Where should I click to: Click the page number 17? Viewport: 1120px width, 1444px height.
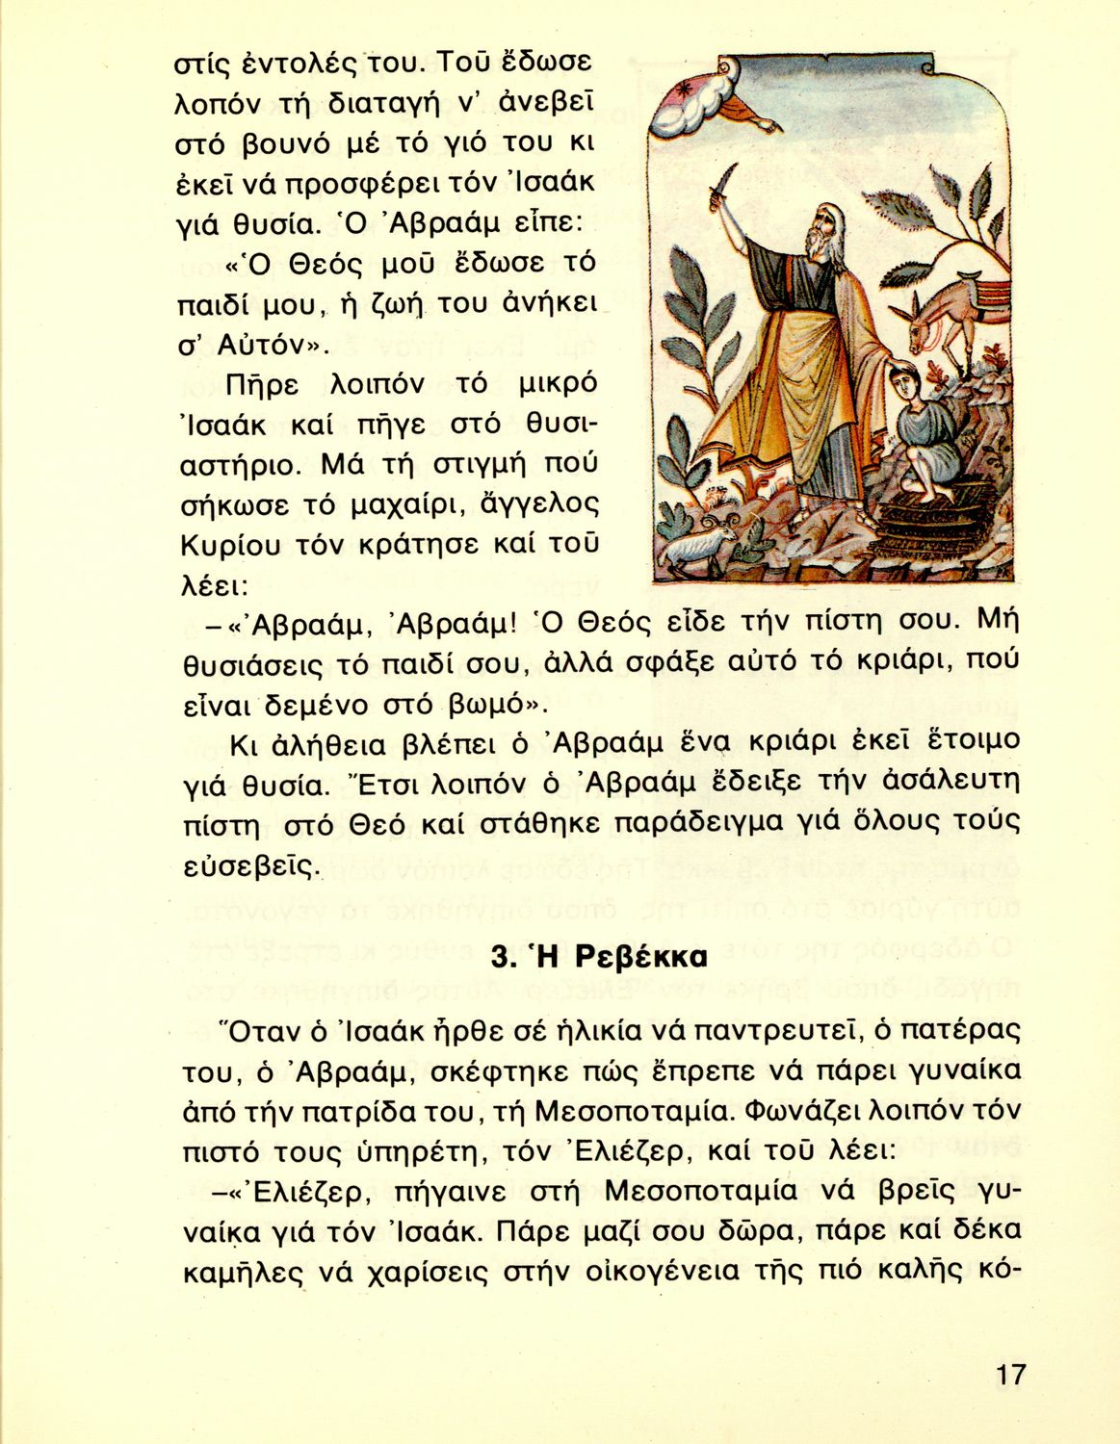tap(1010, 1374)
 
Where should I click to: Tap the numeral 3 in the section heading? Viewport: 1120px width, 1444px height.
tap(500, 958)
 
